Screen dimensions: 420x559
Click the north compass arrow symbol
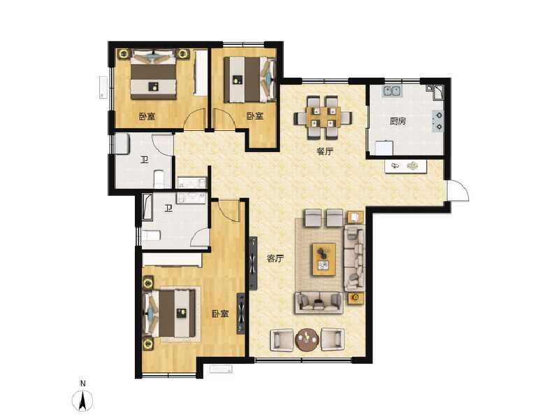coord(83,401)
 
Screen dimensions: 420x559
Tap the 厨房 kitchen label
coord(398,121)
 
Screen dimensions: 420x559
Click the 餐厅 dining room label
coord(324,151)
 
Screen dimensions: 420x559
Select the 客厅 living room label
coord(275,258)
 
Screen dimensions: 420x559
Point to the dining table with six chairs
coord(323,116)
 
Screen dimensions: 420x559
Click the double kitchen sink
coord(391,90)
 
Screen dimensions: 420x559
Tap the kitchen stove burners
coord(438,121)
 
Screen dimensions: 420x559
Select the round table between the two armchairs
coord(307,340)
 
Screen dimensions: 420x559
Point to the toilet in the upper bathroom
coord(159,178)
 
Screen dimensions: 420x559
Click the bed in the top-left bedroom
coord(154,73)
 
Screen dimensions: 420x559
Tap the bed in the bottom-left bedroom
coord(171,313)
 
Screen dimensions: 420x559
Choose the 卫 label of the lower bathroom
coord(169,208)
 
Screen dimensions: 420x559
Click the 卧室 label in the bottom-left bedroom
coord(220,314)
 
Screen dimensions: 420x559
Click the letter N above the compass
coord(82,384)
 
